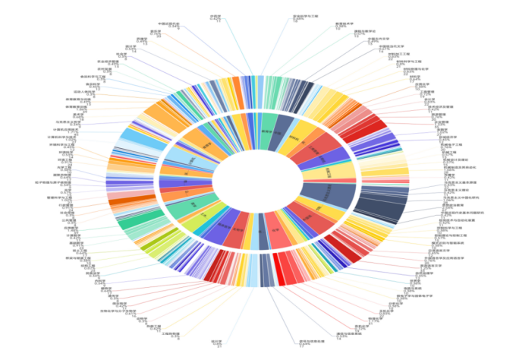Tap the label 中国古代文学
click(370, 39)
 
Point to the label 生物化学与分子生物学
click(118, 311)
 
